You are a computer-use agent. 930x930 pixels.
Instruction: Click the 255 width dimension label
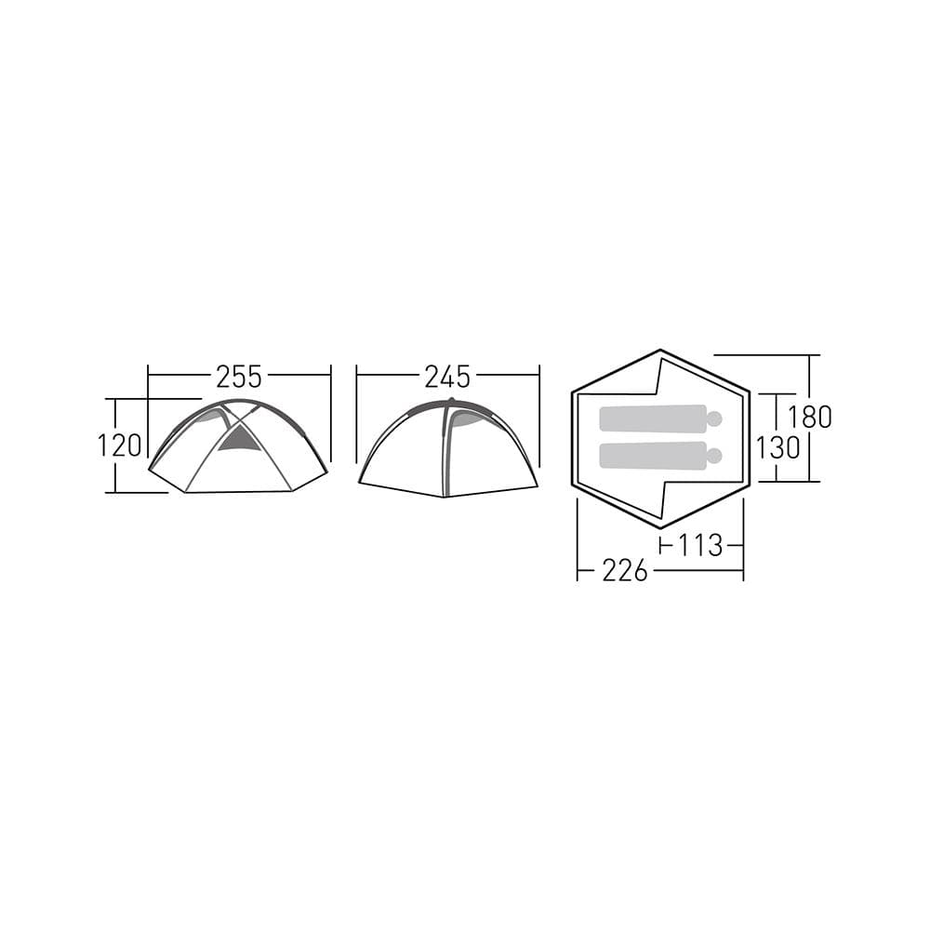point(238,377)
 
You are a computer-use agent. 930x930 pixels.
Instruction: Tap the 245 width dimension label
point(447,377)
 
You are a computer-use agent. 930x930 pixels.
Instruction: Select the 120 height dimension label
point(119,445)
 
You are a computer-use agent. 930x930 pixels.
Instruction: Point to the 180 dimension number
point(810,417)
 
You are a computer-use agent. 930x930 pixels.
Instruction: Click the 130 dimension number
point(777,448)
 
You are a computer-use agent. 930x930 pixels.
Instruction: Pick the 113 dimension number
point(700,545)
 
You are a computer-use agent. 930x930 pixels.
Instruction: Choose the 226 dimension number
point(625,571)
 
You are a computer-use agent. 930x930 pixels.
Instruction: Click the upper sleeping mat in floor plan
point(653,418)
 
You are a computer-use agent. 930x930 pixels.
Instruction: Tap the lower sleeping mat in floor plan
point(653,456)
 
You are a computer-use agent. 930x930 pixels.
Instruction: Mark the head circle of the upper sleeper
point(714,418)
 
